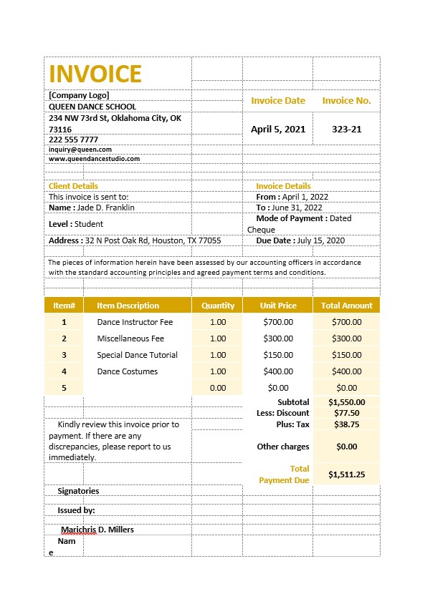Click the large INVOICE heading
click(x=95, y=74)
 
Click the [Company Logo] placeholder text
click(x=79, y=94)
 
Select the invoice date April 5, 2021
click(x=278, y=130)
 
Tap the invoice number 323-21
click(x=346, y=130)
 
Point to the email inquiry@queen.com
click(x=80, y=150)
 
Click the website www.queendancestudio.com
click(x=94, y=159)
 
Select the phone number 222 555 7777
click(x=73, y=140)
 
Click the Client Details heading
click(x=73, y=186)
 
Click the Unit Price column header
click(x=278, y=306)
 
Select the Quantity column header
click(x=218, y=306)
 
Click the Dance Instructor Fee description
click(x=135, y=322)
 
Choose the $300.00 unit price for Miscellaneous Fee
click(x=278, y=338)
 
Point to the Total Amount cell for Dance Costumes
click(x=347, y=371)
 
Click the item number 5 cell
click(x=64, y=388)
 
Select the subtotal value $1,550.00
click(x=347, y=402)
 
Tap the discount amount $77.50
click(x=347, y=413)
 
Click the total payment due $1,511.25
click(x=347, y=474)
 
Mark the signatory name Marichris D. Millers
click(x=97, y=530)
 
